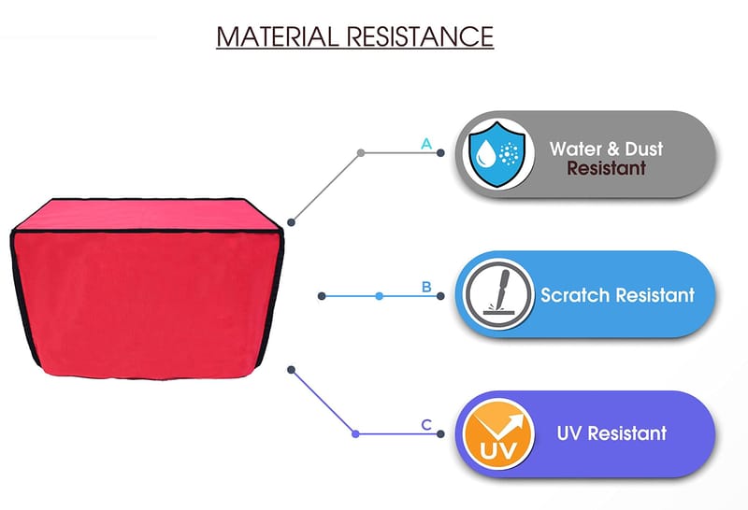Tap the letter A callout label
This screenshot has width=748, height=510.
(426, 144)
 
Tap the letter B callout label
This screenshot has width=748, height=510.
(426, 287)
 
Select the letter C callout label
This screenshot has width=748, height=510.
(426, 425)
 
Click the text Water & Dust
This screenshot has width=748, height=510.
(606, 149)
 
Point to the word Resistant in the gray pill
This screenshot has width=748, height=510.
(606, 169)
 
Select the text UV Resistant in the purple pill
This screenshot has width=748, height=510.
(611, 433)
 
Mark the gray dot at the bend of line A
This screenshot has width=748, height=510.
(361, 152)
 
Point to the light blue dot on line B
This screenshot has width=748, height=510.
(379, 296)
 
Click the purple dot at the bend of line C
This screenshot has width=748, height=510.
(355, 433)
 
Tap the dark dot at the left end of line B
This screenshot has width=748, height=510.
(322, 296)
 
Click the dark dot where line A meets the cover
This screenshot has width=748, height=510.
(292, 221)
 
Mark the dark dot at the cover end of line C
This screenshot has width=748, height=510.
(292, 368)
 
